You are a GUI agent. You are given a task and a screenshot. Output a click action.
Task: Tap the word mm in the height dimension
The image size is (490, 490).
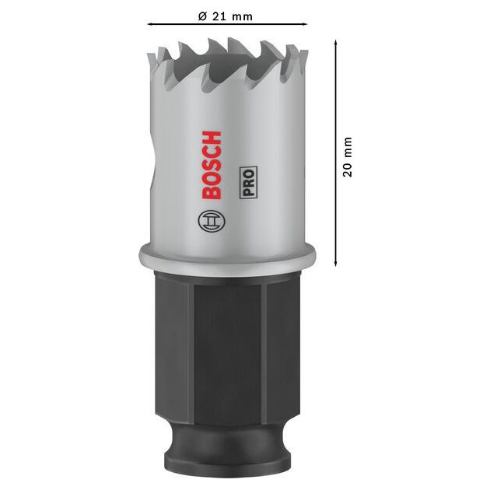[x=348, y=147]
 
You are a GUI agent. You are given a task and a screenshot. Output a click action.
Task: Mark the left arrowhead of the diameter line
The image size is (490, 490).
[x=150, y=26]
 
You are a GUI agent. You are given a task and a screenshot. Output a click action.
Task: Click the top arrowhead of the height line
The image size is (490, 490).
[x=334, y=44]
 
